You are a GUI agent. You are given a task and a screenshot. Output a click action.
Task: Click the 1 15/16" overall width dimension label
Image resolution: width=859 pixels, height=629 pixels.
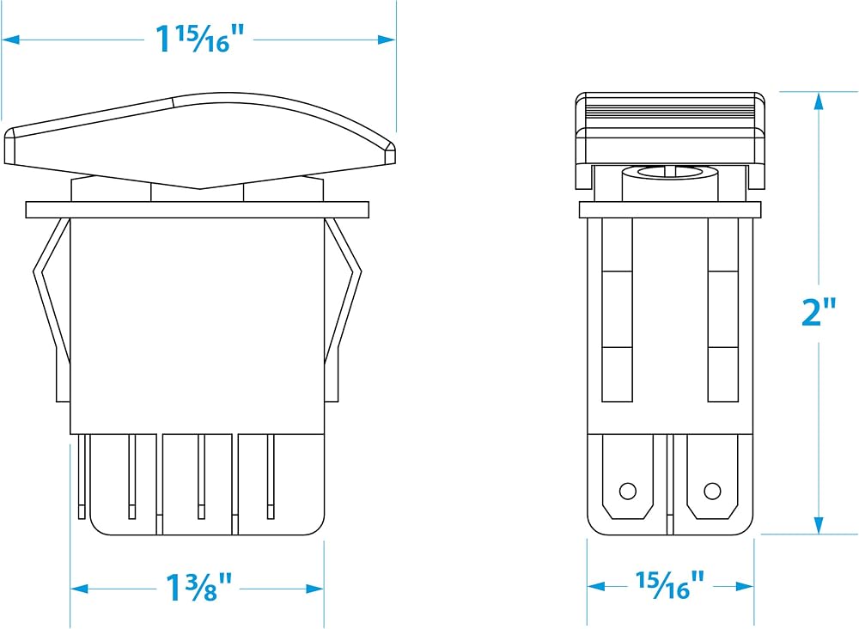click(x=199, y=39)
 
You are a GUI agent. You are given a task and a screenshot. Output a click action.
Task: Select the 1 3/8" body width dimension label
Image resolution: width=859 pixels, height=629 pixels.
click(x=199, y=588)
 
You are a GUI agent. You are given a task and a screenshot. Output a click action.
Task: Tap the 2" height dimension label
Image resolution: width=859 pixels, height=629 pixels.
click(x=819, y=313)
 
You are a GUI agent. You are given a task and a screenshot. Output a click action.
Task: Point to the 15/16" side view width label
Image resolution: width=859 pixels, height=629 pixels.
click(x=669, y=585)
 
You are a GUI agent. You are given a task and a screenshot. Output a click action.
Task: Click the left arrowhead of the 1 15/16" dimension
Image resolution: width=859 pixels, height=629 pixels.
click(x=11, y=40)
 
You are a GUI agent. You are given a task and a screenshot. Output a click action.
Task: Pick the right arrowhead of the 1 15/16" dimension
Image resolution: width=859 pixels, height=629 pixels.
click(x=387, y=40)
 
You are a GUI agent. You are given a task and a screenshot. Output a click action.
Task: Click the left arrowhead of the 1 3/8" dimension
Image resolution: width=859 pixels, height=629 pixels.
click(x=79, y=589)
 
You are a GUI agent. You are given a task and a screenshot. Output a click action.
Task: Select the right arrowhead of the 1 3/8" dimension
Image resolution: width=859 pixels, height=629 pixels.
click(x=315, y=589)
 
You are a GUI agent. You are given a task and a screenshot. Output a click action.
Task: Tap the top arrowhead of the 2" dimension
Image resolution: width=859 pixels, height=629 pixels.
click(x=819, y=101)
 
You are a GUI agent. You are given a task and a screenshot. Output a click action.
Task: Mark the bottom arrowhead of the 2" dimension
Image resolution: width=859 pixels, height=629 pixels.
click(x=819, y=525)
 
